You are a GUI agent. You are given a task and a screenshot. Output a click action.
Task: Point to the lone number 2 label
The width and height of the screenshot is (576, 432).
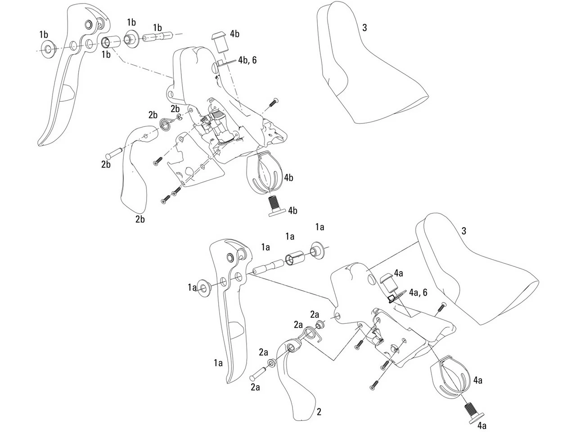point(319,411)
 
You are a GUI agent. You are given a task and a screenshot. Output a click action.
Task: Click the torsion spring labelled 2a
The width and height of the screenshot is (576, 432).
point(311,334)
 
